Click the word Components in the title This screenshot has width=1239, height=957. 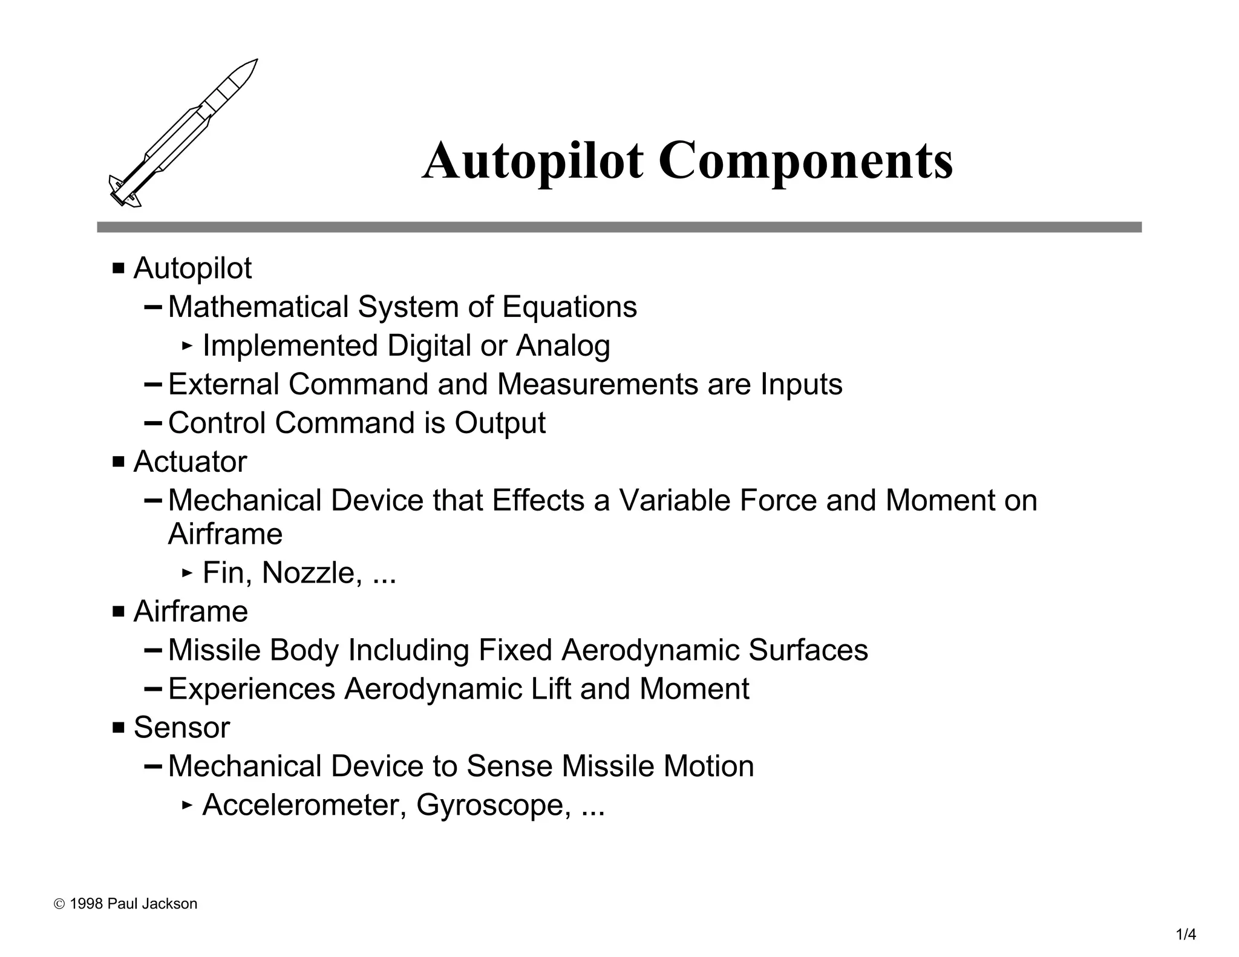805,162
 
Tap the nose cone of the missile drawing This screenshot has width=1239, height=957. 244,72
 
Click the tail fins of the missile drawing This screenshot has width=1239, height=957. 125,192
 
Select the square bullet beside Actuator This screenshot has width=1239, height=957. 118,462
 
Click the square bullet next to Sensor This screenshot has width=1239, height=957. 118,727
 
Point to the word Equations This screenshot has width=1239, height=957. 569,307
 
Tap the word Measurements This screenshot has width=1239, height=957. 597,384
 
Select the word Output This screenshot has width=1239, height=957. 500,423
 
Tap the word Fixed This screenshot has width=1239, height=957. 515,650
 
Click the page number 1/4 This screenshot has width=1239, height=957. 1186,935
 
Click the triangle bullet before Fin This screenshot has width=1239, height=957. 187,572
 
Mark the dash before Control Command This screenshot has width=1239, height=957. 153,422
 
